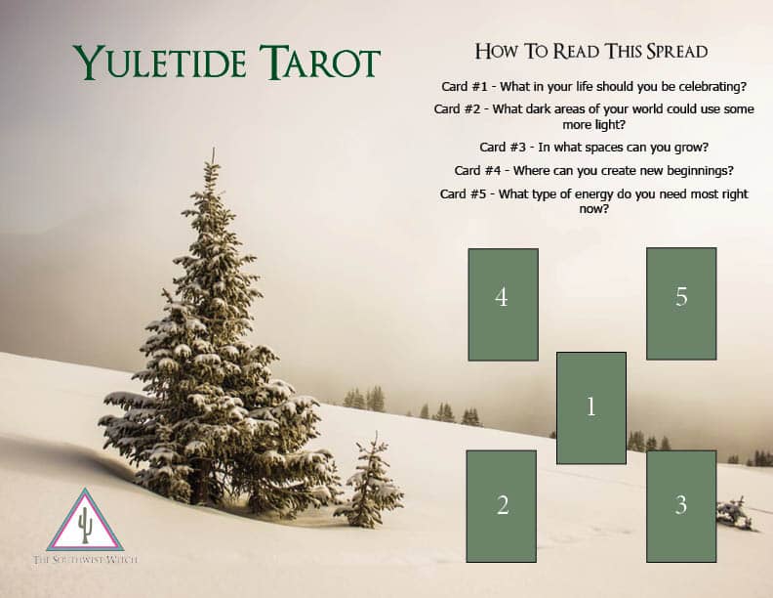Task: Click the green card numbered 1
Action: click(591, 408)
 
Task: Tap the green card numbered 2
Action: click(502, 506)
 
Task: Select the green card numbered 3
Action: click(681, 506)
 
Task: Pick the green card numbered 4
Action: click(503, 305)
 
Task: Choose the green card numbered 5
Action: click(681, 304)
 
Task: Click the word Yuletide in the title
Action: click(160, 62)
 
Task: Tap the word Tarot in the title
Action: click(320, 62)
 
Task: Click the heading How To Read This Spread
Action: click(591, 52)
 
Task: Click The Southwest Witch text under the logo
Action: click(85, 560)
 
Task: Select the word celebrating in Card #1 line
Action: click(712, 87)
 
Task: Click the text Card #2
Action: click(457, 109)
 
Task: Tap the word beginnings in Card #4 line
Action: click(700, 171)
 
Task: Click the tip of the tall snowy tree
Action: click(214, 149)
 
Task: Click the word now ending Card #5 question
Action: click(594, 209)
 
